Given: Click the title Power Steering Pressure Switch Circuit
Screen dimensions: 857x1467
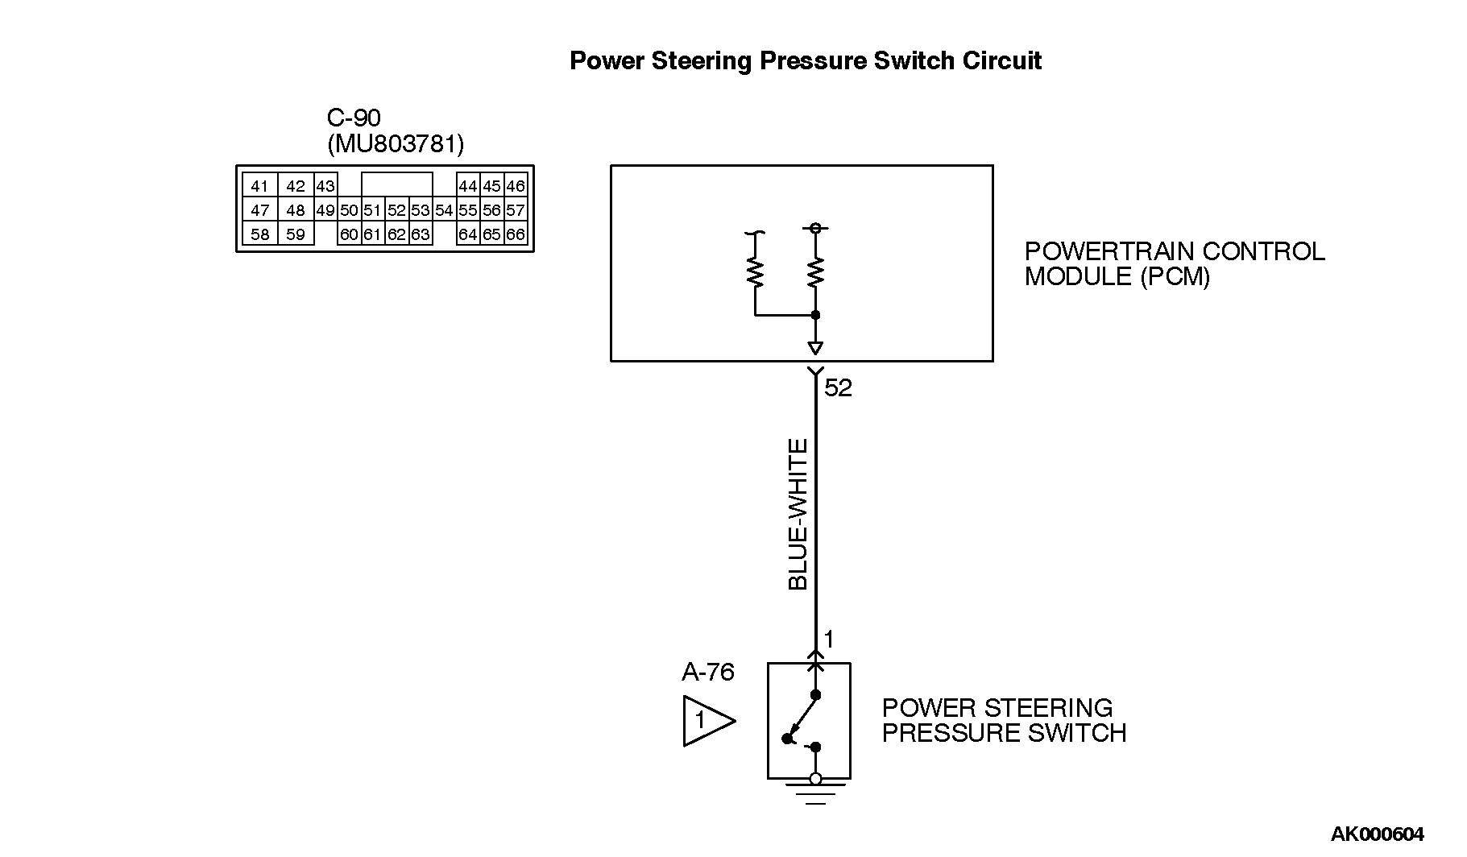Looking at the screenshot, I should [x=805, y=61].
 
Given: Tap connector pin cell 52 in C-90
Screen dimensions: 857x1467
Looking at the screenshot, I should [x=396, y=210].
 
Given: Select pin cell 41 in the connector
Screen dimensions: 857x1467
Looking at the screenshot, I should [x=259, y=186].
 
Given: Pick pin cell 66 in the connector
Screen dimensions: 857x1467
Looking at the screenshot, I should [x=516, y=235].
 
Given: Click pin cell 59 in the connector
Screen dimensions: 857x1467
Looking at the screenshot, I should [x=296, y=235].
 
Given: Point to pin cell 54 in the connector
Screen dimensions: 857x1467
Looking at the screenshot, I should [x=444, y=210].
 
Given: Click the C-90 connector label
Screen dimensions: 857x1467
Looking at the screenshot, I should [x=354, y=118].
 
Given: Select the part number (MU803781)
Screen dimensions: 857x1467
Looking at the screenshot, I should [x=396, y=144].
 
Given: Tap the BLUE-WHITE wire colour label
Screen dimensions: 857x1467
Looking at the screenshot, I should [x=798, y=515].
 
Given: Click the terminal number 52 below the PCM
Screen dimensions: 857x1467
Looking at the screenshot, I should [x=838, y=388].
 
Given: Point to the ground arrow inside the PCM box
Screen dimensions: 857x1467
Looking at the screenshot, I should [x=815, y=348].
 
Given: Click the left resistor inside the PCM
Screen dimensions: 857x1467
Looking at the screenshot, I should [x=756, y=272].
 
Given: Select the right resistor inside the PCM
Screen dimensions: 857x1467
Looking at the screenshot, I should [x=815, y=272].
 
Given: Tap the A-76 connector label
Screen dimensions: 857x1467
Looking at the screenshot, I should [x=708, y=672].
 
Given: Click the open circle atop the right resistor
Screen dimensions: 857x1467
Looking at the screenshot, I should [x=815, y=229].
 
